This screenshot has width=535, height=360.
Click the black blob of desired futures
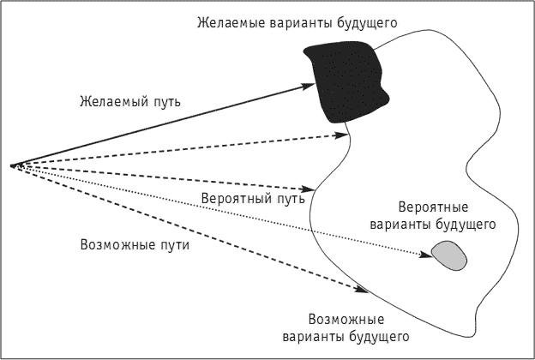tap(346, 82)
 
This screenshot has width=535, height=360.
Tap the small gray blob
tap(449, 255)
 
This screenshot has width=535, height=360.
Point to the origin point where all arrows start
tap(13, 165)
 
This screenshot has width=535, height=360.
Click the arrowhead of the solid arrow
tap(307, 86)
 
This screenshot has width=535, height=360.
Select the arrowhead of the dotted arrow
tap(426, 255)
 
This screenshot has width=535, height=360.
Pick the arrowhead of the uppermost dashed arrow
tap(341, 135)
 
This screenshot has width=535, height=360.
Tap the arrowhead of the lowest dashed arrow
tap(361, 290)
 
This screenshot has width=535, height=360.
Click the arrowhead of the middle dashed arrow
tap(306, 189)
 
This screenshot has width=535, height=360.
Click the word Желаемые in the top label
tap(231, 23)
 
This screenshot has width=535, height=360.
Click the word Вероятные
tap(433, 207)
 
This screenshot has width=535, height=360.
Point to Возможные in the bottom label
tap(346, 320)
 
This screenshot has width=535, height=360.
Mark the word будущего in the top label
tap(367, 23)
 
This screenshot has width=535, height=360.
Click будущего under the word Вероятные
tap(466, 225)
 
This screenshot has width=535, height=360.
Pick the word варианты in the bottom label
tap(313, 337)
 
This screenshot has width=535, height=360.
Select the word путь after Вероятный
tap(288, 199)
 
